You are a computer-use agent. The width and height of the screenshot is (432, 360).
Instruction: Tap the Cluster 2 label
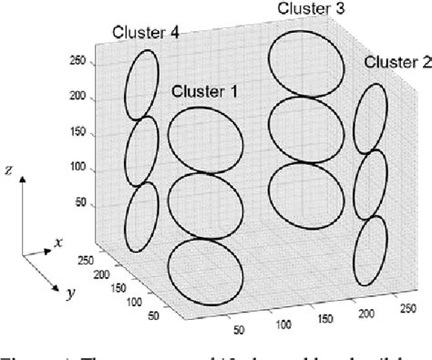(396, 62)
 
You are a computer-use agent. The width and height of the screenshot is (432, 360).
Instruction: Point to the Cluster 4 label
(144, 33)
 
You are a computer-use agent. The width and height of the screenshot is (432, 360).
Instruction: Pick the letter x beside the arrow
(58, 243)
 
